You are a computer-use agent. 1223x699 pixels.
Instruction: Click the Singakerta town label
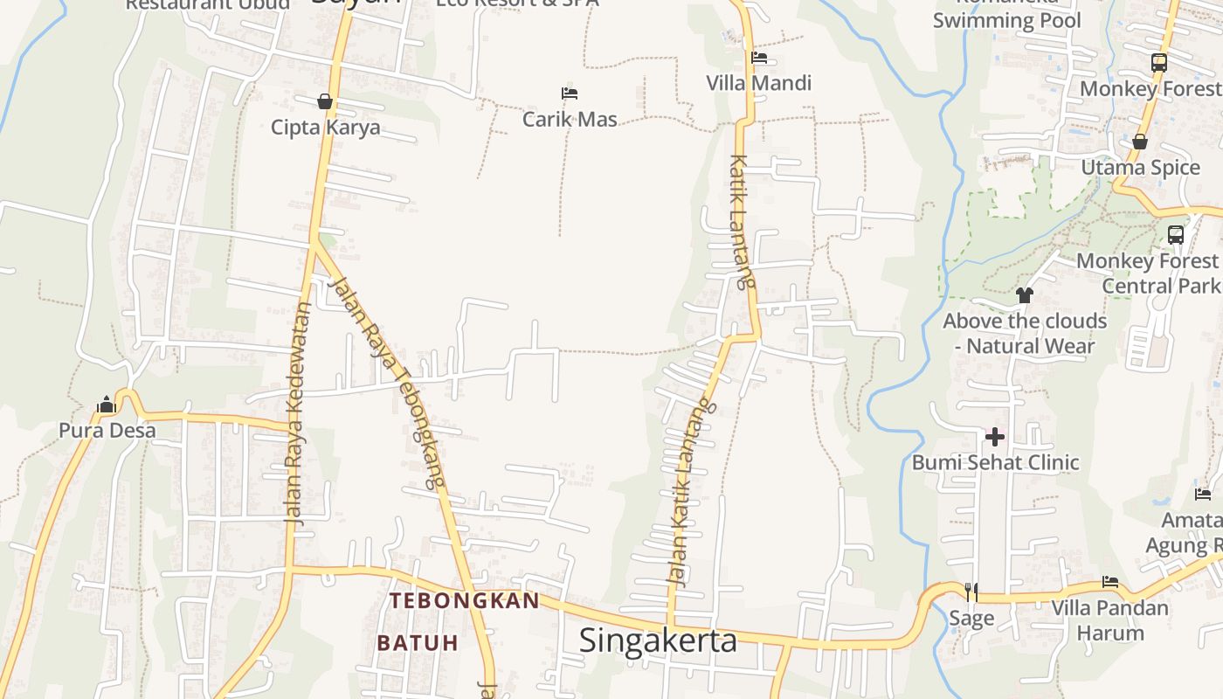(x=658, y=640)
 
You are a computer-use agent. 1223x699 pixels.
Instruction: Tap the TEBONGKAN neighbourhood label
(x=465, y=601)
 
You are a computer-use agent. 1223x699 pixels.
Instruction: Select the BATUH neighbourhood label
(x=418, y=643)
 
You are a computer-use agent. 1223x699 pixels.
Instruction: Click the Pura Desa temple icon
(x=107, y=405)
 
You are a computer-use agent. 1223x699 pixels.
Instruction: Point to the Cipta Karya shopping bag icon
(x=325, y=102)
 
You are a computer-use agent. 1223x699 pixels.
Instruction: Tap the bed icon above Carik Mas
(x=570, y=93)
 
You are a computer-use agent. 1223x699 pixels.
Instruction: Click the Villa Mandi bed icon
(x=759, y=58)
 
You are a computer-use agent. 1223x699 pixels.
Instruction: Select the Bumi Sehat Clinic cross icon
(x=995, y=437)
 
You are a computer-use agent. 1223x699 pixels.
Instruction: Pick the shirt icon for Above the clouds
(x=1025, y=295)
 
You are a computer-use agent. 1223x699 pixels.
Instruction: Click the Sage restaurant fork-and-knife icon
(x=971, y=592)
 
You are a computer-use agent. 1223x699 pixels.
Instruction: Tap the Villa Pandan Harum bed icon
(x=1109, y=582)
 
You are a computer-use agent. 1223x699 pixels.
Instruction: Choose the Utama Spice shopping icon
(x=1140, y=142)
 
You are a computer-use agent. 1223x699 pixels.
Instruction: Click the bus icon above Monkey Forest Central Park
(x=1176, y=235)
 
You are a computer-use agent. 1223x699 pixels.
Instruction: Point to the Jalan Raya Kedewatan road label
(x=297, y=412)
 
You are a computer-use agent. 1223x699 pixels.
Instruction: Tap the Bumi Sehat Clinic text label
(x=995, y=462)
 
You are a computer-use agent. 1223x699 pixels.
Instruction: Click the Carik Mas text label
(x=570, y=119)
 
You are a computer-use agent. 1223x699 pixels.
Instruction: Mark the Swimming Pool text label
(x=1006, y=21)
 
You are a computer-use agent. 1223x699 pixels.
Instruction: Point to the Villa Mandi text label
(x=759, y=83)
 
